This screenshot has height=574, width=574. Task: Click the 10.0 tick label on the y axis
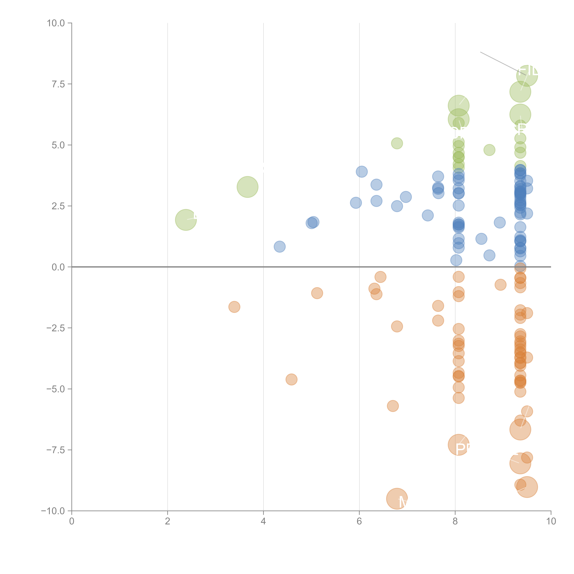coord(56,23)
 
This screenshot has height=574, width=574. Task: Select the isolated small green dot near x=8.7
coord(489,150)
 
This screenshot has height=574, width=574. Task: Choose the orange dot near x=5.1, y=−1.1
coord(317,293)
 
